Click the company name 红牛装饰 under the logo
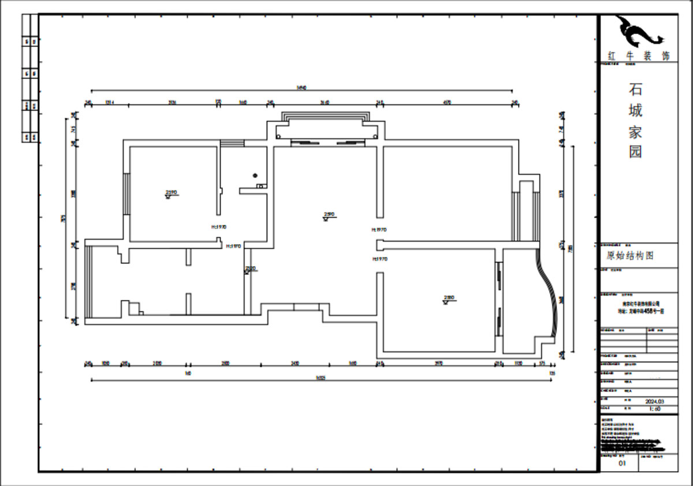pos(638,56)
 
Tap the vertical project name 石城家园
pos(635,121)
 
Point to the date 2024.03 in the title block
pos(654,401)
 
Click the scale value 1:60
pos(655,409)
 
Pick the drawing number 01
pos(622,463)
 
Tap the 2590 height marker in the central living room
pos(329,215)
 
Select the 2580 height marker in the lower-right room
pos(449,299)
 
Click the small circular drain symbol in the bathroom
pos(255,175)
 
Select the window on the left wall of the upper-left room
pos(126,193)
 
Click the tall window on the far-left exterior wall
pos(88,281)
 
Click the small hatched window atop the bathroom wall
pos(232,143)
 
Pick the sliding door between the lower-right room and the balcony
pos(498,300)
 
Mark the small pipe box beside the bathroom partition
pos(261,186)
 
